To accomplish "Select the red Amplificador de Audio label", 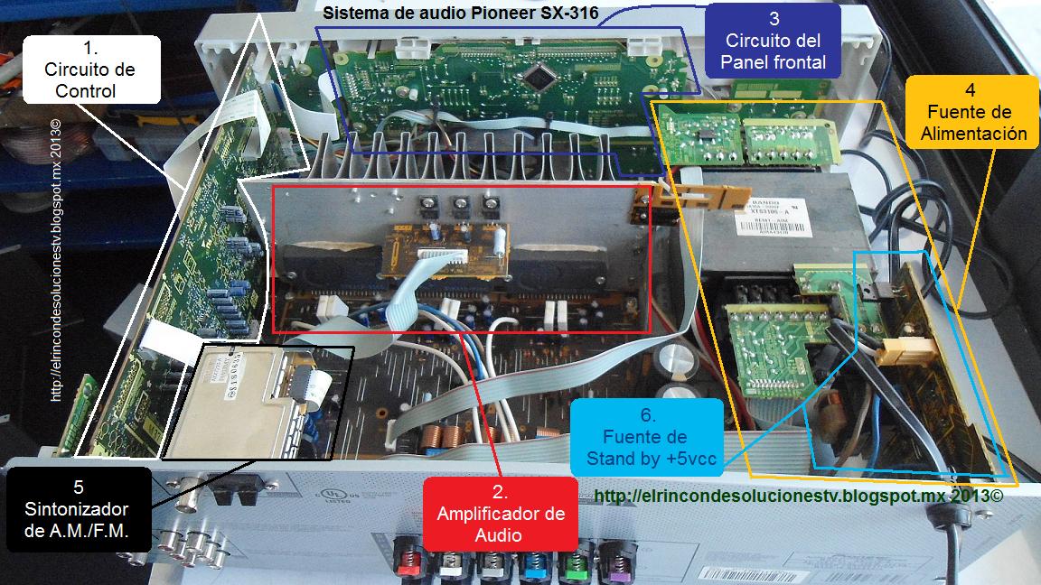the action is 501,513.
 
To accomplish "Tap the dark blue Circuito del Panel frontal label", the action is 773,42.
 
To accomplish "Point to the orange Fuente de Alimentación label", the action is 970,113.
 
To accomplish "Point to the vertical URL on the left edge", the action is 56,262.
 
